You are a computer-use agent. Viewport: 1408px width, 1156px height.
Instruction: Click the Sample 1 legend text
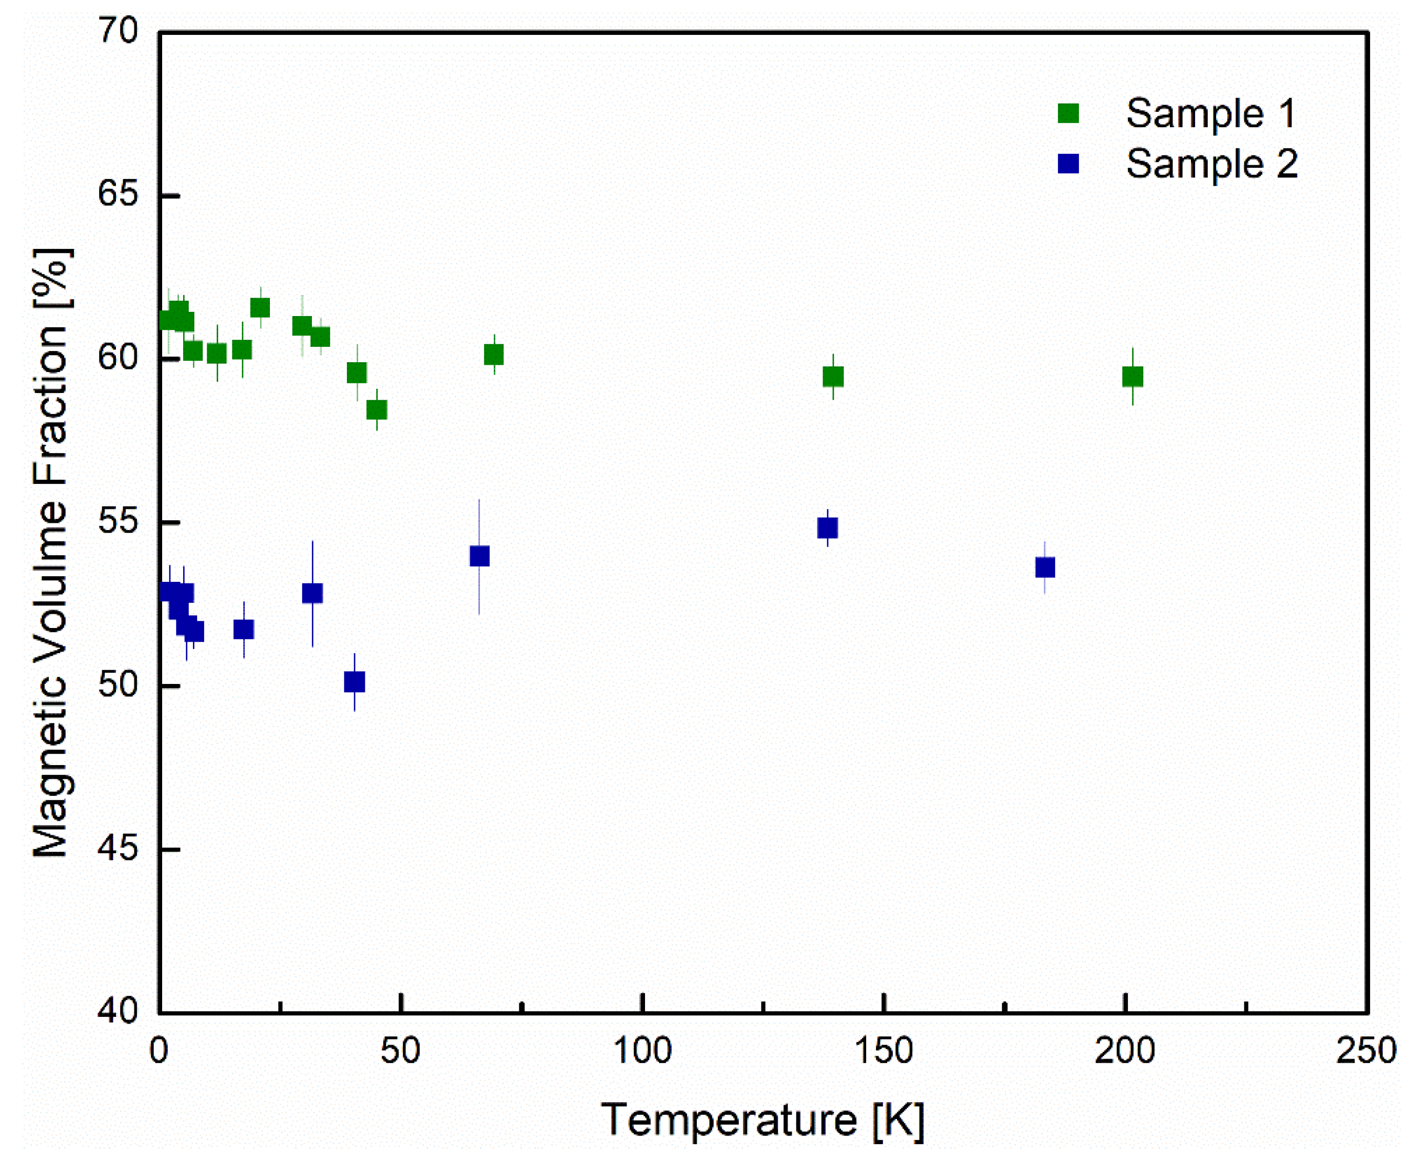coord(1210,113)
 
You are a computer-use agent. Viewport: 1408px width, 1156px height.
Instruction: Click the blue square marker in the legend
coord(1068,163)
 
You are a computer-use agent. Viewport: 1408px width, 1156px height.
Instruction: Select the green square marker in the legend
coord(1068,113)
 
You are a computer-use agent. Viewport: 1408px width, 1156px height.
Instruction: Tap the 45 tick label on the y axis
coord(119,849)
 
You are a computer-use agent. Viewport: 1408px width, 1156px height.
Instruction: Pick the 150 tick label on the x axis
coord(884,1051)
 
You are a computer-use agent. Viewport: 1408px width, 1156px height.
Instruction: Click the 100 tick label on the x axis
coord(642,1051)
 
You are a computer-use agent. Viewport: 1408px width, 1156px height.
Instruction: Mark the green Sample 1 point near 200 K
coord(1132,377)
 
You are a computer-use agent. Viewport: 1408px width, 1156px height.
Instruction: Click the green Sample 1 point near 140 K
coord(833,377)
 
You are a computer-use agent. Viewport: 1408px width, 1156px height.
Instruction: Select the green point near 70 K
coord(494,355)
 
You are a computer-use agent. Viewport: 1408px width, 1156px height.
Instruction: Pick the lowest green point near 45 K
coord(377,409)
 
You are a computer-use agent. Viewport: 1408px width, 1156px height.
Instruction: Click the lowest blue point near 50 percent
coord(355,682)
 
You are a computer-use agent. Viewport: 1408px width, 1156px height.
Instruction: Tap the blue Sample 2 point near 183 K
coord(1045,567)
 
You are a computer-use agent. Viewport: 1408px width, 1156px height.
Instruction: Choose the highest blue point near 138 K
coord(827,528)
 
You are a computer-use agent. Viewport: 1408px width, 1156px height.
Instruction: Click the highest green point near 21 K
coord(260,308)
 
